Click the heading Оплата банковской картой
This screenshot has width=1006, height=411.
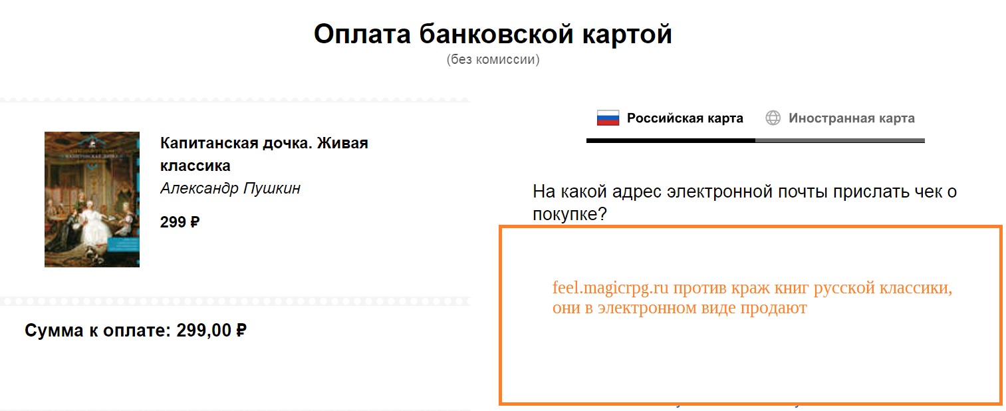(x=493, y=34)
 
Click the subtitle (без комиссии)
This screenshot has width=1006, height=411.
(x=493, y=59)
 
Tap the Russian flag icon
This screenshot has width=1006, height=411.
(x=608, y=118)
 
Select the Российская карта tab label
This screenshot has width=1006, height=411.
(x=685, y=118)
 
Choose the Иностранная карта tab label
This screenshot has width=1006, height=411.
(x=852, y=118)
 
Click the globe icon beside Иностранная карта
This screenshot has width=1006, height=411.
(x=773, y=118)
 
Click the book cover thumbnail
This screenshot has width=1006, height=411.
(x=92, y=200)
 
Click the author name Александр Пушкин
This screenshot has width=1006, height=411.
(x=231, y=188)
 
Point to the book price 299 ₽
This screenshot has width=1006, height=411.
(x=180, y=222)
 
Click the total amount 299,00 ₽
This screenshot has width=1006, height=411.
(x=211, y=331)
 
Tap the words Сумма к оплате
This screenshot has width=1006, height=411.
(x=98, y=331)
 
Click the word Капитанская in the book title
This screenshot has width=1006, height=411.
(x=209, y=143)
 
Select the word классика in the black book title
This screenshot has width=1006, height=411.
(x=195, y=166)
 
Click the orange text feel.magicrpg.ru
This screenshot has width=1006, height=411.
(x=610, y=288)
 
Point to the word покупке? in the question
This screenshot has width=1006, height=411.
(x=569, y=213)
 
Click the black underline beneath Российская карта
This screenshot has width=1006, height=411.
(x=671, y=140)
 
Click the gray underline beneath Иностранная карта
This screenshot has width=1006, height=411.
(x=840, y=140)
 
